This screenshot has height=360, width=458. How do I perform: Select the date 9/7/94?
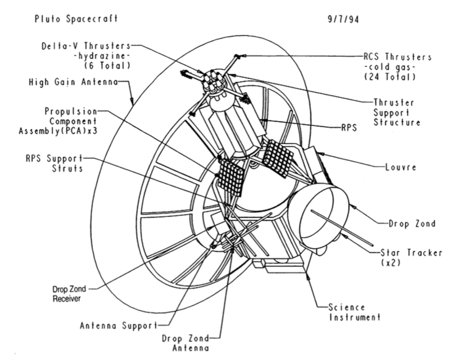point(339,18)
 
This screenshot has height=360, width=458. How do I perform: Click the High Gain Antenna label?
point(73,82)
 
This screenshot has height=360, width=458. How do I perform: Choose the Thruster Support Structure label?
point(397,112)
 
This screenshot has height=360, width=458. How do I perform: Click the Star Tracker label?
point(407,252)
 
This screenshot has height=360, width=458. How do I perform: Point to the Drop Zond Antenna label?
point(183,342)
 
